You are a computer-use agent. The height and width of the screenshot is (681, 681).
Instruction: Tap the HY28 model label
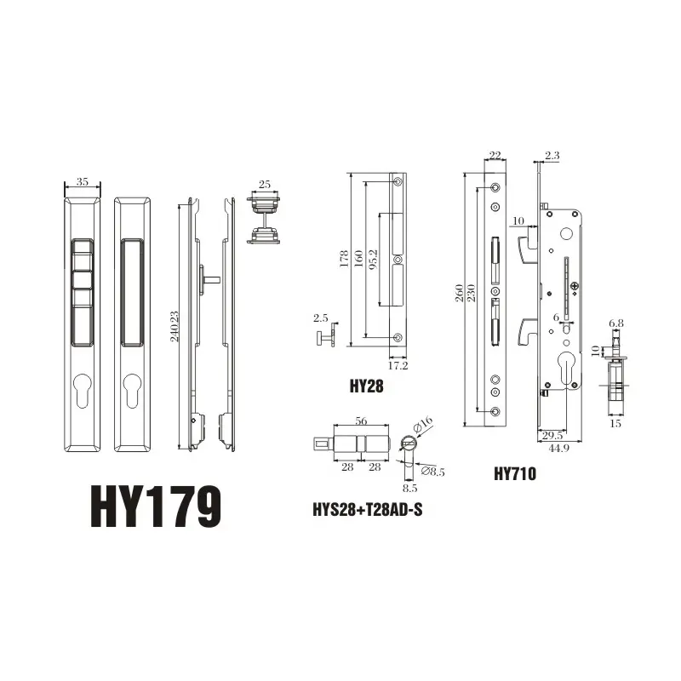(x=367, y=385)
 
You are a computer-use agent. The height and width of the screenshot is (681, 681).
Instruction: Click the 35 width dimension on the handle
(x=83, y=181)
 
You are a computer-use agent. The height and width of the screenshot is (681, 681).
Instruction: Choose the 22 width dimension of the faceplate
(x=495, y=155)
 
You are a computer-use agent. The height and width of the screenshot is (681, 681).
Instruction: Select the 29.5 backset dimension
(x=551, y=435)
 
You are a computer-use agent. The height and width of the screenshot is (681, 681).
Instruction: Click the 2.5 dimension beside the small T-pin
(x=320, y=318)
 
